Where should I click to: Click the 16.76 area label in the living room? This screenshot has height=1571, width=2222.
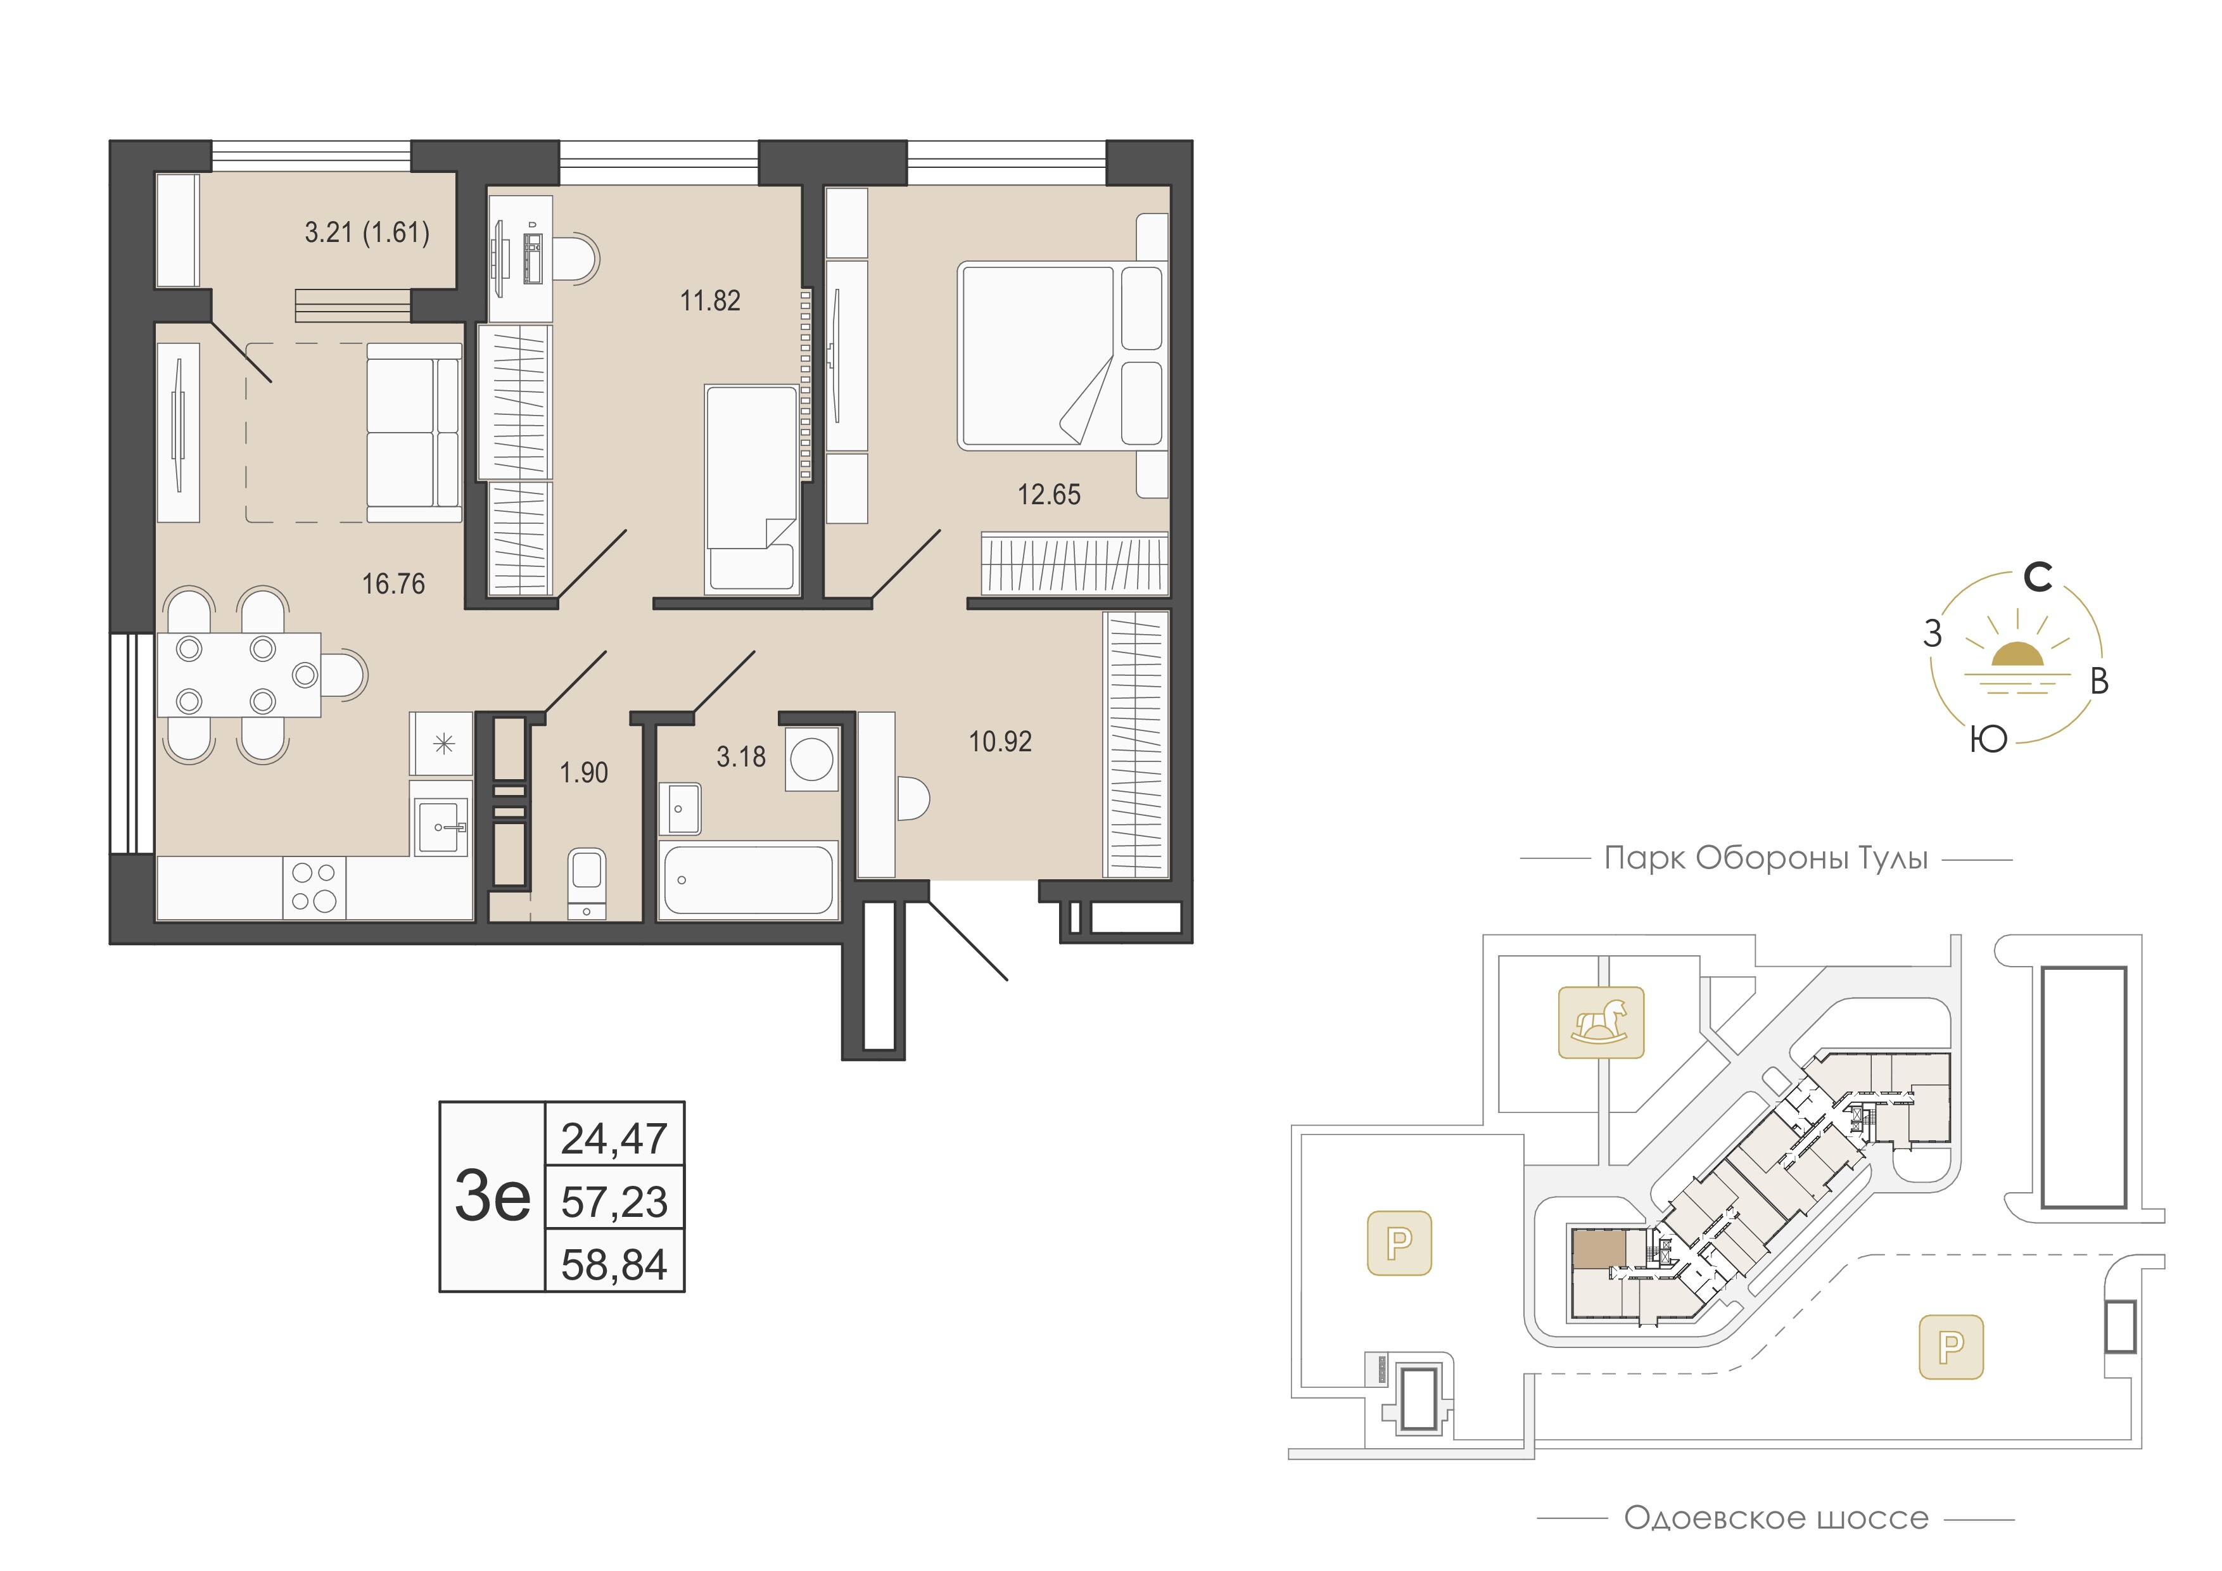(393, 583)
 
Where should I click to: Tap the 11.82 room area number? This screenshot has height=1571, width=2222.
(710, 301)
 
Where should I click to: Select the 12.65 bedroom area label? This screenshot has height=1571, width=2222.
(1049, 495)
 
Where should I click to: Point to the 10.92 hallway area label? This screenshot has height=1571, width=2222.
(1001, 741)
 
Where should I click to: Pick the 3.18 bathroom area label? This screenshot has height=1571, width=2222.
(741, 757)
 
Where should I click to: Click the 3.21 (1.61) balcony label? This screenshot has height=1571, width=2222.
(367, 232)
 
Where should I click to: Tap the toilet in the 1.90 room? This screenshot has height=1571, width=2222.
(587, 883)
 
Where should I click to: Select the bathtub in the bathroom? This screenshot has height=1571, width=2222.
(747, 879)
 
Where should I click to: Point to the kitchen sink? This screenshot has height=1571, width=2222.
(441, 827)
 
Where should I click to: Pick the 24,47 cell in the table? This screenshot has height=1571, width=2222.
(614, 1138)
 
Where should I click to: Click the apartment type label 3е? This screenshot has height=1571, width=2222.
(493, 1197)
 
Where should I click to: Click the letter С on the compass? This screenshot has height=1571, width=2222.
(2038, 578)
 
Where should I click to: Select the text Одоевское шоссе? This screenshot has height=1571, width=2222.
(1776, 1518)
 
